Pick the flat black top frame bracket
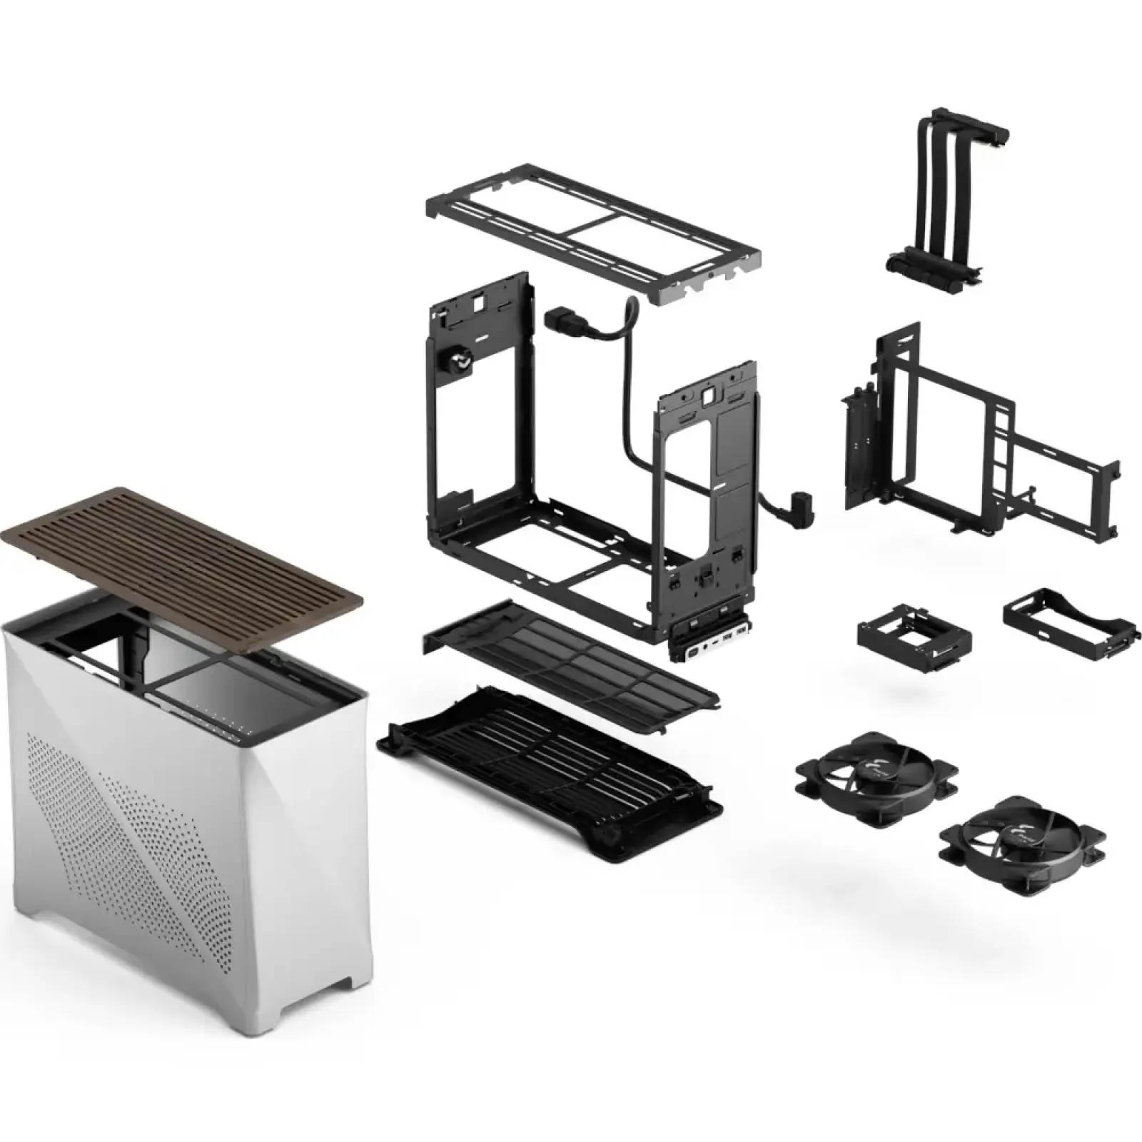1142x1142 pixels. click(592, 242)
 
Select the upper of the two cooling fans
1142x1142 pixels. click(877, 772)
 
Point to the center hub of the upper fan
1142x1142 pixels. click(877, 772)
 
